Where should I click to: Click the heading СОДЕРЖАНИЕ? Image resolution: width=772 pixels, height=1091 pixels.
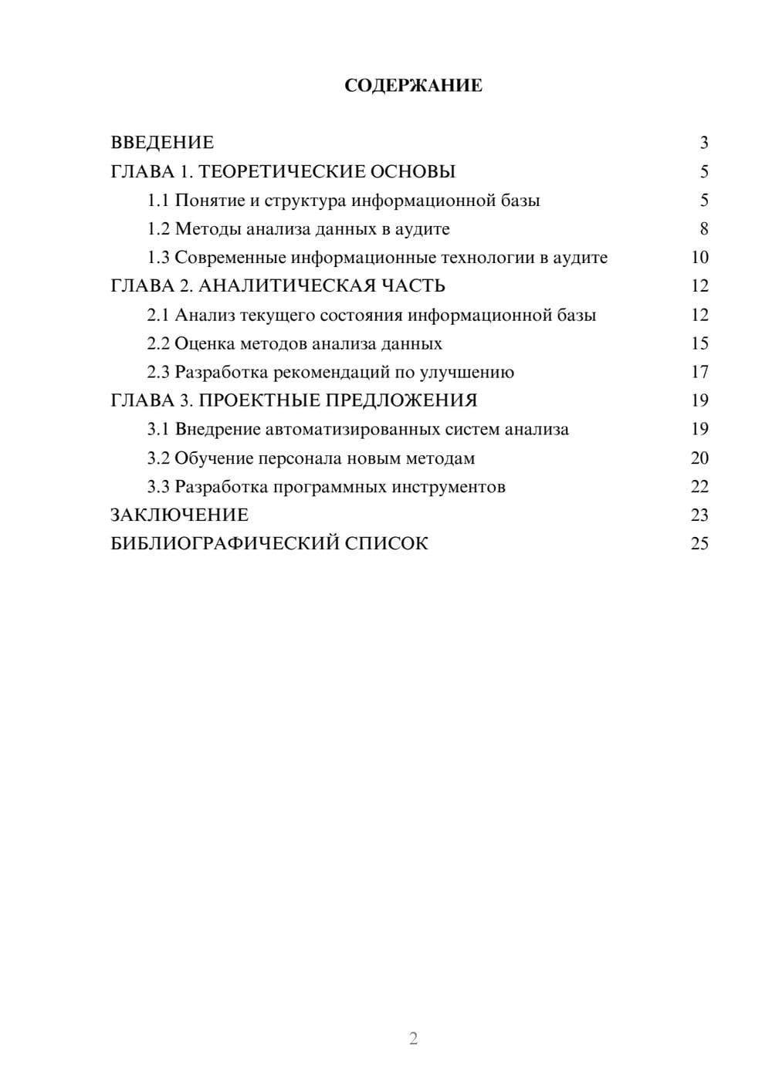413,86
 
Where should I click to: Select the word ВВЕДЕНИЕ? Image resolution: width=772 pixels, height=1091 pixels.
162,143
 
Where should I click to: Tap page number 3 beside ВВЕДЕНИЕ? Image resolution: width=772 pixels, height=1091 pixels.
703,143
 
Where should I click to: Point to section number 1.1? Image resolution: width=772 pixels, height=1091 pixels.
158,201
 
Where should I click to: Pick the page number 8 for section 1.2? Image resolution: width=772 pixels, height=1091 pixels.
703,229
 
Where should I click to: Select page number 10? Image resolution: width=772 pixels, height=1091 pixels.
699,258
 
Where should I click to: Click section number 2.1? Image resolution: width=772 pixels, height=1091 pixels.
158,316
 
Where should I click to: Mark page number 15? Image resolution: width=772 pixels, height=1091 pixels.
699,344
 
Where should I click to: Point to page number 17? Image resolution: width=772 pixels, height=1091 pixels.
699,373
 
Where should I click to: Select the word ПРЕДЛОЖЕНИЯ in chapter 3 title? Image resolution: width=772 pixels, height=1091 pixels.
401,400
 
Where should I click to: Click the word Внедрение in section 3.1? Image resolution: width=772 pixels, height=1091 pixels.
217,430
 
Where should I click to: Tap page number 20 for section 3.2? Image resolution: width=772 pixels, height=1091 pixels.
699,458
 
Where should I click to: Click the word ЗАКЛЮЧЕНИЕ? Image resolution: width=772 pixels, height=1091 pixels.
179,515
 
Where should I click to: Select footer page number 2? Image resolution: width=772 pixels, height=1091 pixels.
413,1039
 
